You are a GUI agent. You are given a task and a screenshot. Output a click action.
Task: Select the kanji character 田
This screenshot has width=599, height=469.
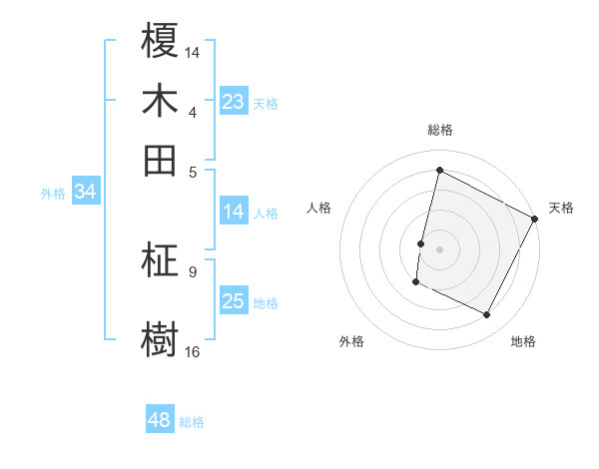162,160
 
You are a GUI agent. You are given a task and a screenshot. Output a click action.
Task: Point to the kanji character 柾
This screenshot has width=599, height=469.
162,260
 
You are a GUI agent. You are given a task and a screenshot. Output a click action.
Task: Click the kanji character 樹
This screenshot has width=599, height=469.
162,337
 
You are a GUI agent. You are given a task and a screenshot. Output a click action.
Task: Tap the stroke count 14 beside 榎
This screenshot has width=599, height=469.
193,51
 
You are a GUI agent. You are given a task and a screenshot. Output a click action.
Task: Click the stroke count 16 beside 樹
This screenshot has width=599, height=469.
193,351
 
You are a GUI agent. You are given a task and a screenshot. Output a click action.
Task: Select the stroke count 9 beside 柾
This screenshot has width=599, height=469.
192,270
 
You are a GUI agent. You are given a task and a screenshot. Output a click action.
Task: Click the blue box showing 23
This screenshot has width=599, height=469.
233,102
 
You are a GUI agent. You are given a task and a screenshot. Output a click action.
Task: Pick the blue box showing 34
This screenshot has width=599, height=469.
85,193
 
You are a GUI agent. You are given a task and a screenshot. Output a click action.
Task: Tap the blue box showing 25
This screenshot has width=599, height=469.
233,302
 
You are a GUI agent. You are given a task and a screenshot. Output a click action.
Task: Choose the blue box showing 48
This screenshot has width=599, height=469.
159,421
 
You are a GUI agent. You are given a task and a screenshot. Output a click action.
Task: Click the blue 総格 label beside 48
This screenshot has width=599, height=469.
193,422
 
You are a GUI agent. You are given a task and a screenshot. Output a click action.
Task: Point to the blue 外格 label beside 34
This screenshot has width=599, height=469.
53,194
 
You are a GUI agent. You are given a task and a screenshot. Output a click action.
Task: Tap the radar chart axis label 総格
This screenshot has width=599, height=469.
440,130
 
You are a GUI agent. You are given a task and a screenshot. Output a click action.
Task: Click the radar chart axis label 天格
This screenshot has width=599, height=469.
561,208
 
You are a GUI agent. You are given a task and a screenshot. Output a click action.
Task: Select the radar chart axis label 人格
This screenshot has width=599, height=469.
319,208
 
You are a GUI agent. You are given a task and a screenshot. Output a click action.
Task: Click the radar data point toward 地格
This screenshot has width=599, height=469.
487,315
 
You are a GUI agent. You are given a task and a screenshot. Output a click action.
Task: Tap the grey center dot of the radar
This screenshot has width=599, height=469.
440,247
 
